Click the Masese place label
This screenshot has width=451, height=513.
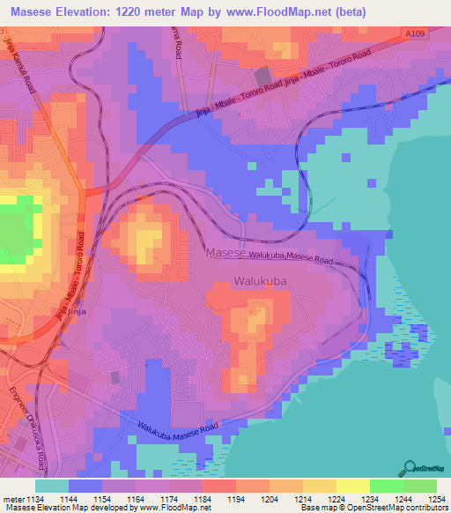[x=225, y=253]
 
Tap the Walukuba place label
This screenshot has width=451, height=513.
[x=262, y=281]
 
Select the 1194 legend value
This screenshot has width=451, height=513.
[x=234, y=498]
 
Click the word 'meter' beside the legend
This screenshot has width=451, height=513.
[x=11, y=498]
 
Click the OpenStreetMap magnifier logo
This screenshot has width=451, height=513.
[x=410, y=467]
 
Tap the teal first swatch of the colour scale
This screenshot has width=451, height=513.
[x=52, y=486]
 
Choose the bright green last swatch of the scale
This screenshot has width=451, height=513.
[x=420, y=486]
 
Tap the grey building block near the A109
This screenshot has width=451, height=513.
[x=262, y=78]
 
